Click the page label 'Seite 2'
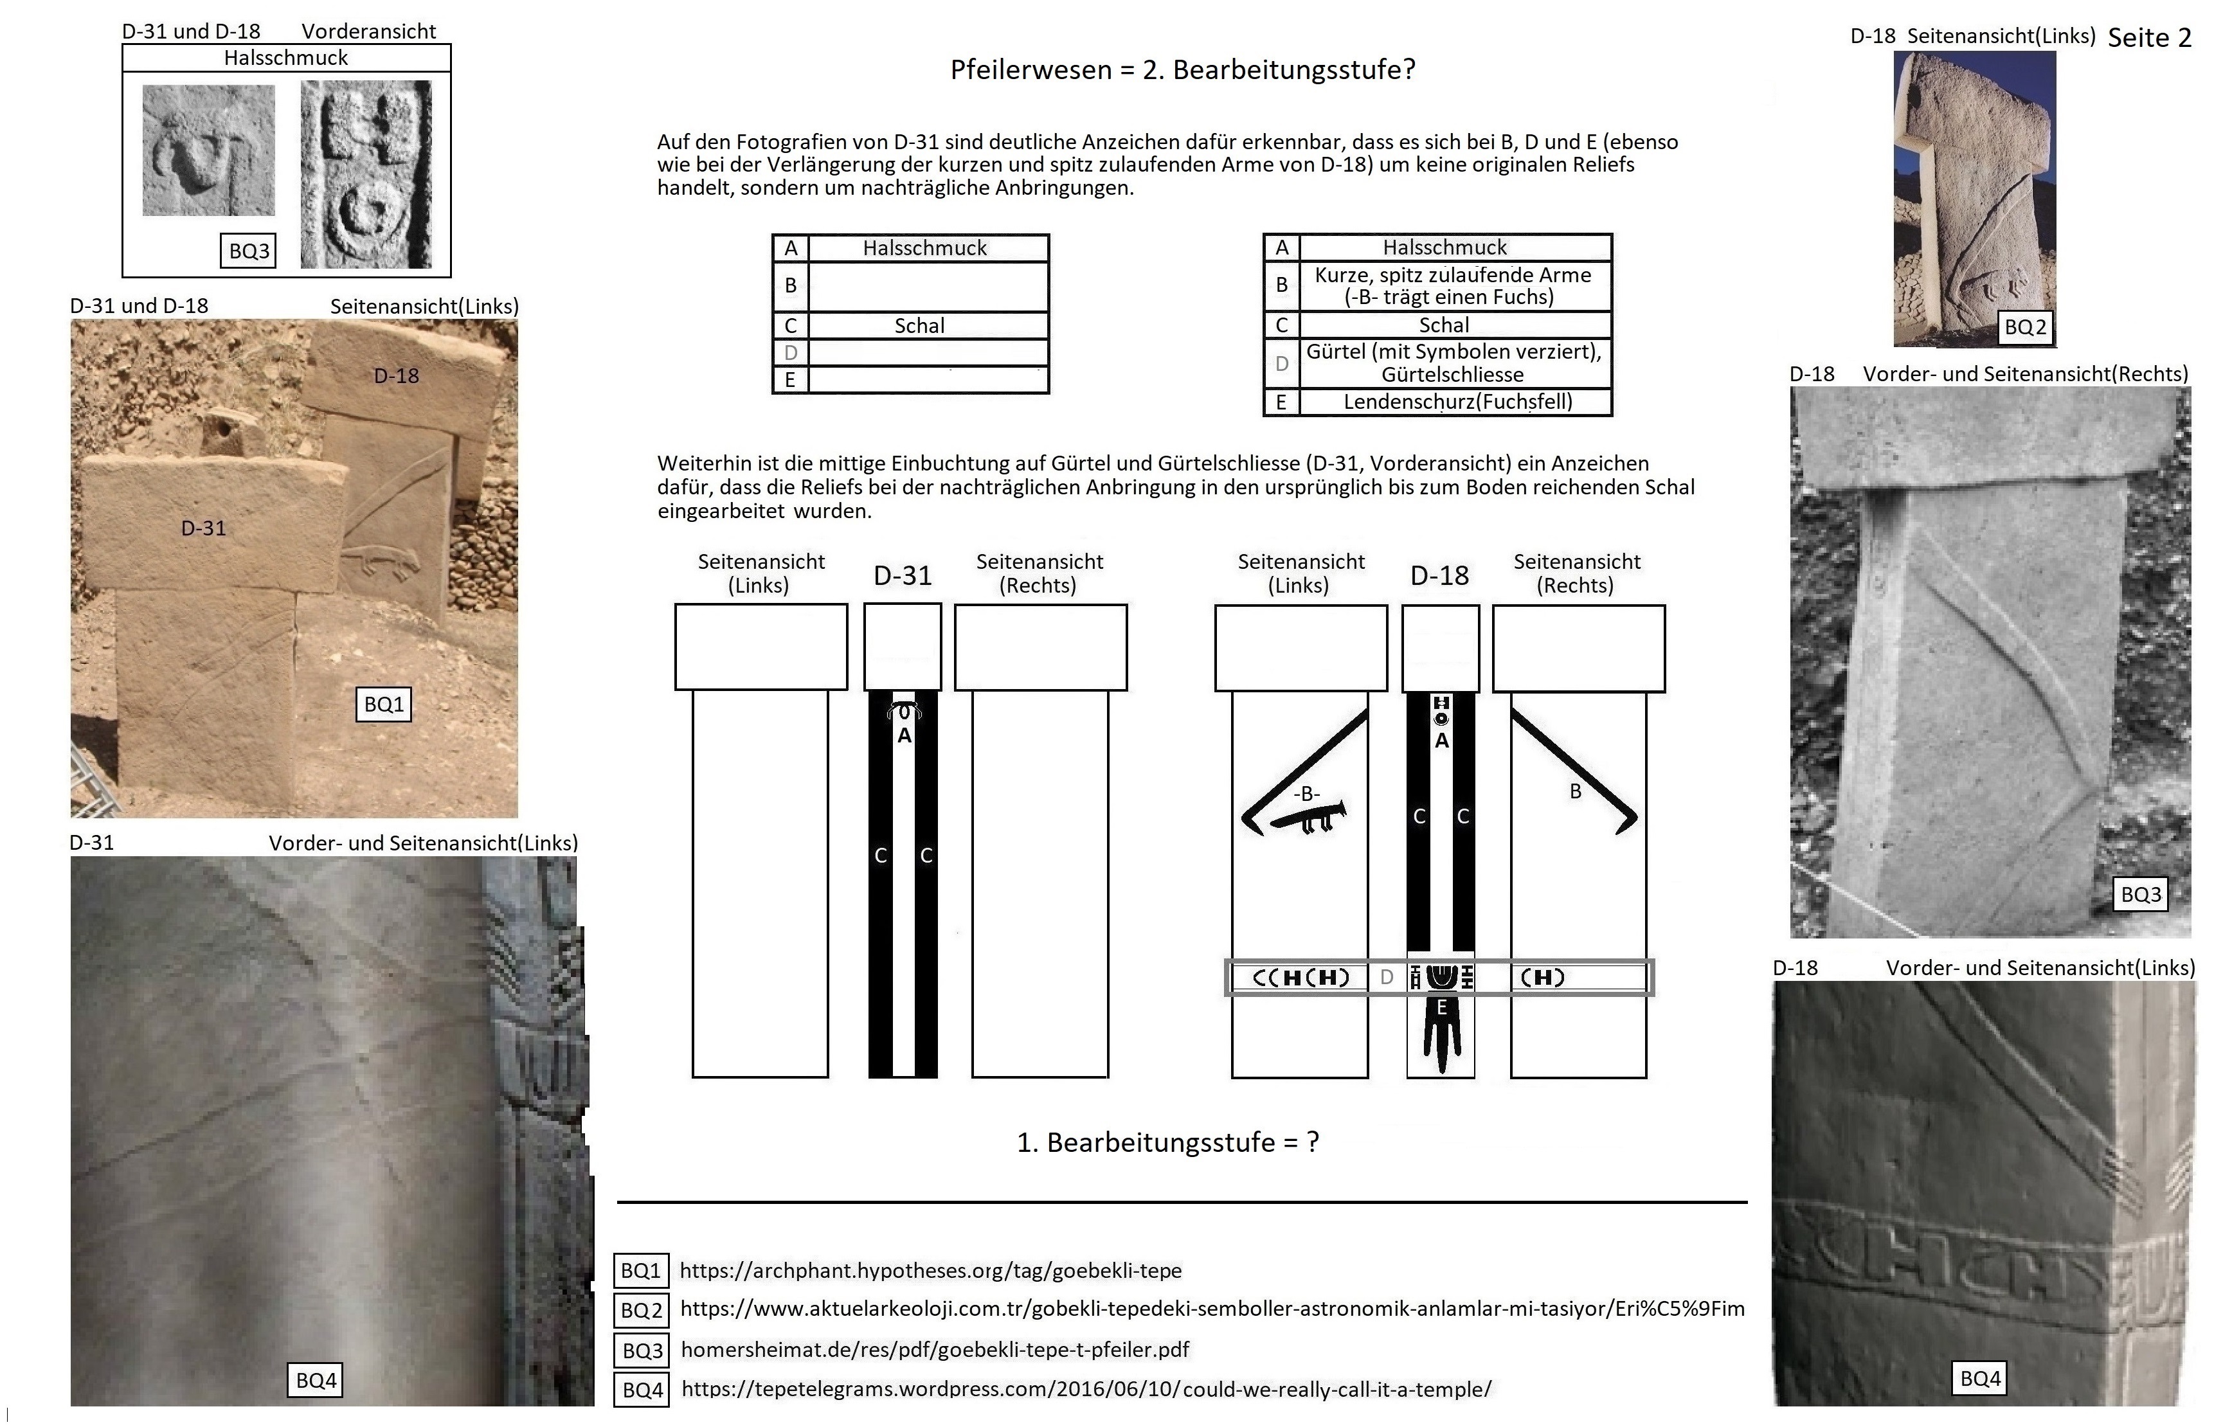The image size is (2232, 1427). click(2148, 37)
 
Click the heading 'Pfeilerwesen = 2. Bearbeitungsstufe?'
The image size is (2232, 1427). click(1183, 69)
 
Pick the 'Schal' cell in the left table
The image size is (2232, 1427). click(919, 325)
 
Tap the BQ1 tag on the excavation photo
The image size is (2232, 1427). click(384, 705)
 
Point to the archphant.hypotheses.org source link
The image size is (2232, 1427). click(931, 1270)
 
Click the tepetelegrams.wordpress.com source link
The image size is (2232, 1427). click(1086, 1389)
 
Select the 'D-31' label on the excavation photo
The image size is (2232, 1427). click(203, 528)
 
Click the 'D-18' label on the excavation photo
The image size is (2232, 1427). click(396, 375)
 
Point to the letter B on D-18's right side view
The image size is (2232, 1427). click(1575, 791)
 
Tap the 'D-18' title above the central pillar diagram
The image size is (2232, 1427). click(1439, 575)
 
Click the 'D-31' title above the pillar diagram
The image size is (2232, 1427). click(902, 575)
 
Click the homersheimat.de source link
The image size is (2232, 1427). click(934, 1349)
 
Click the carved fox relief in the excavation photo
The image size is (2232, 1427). click(380, 561)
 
